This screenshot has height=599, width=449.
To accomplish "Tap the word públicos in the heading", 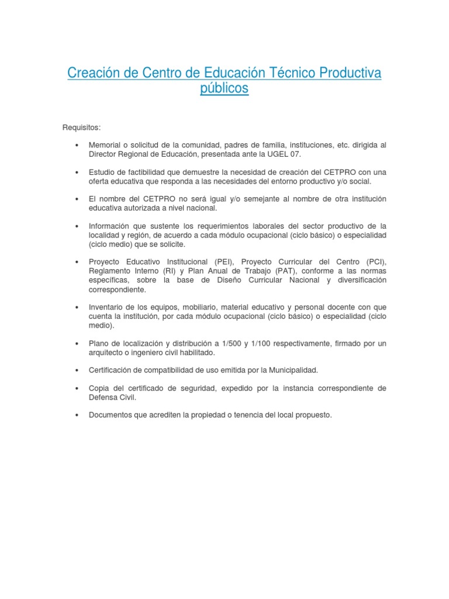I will [224, 89].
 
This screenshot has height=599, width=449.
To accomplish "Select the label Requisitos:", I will [81, 127].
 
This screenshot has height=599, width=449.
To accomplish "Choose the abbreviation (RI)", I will [165, 271].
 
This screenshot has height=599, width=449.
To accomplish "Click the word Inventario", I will [108, 307].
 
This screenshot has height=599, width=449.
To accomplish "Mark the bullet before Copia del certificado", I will [77, 389].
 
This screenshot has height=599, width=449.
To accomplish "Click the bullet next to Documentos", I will [77, 416].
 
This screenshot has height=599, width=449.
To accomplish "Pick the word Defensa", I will [103, 398].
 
